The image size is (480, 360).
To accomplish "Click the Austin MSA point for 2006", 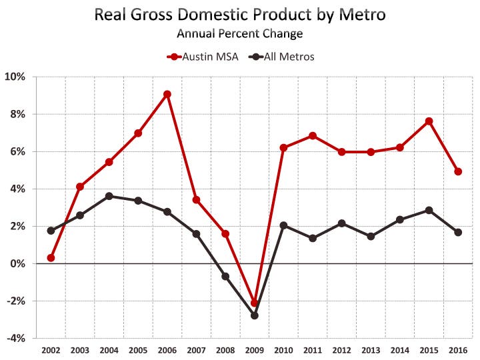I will point(167,94).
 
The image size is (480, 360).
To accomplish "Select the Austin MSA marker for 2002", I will point(51,258).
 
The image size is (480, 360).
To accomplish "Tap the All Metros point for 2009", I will point(255,315).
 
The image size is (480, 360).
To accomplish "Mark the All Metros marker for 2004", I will point(109,196).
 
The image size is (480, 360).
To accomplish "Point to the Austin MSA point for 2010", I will point(284,147).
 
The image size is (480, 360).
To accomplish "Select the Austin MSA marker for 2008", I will point(225,234).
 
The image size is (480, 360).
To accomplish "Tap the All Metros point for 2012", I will point(342,223).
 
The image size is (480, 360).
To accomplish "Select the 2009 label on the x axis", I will point(255,349).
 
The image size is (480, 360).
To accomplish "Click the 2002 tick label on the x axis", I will point(51,349).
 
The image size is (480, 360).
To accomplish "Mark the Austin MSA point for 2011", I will point(313,136).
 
